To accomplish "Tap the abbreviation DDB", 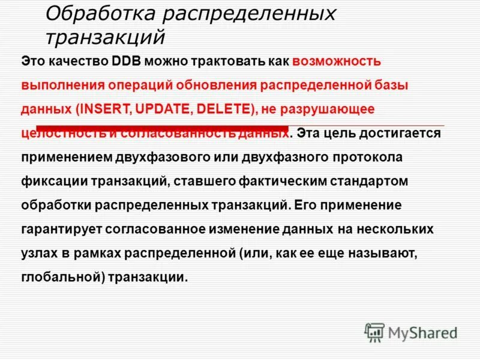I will point(126,61).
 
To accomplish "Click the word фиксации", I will point(48,181).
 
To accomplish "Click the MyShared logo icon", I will point(375,332).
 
